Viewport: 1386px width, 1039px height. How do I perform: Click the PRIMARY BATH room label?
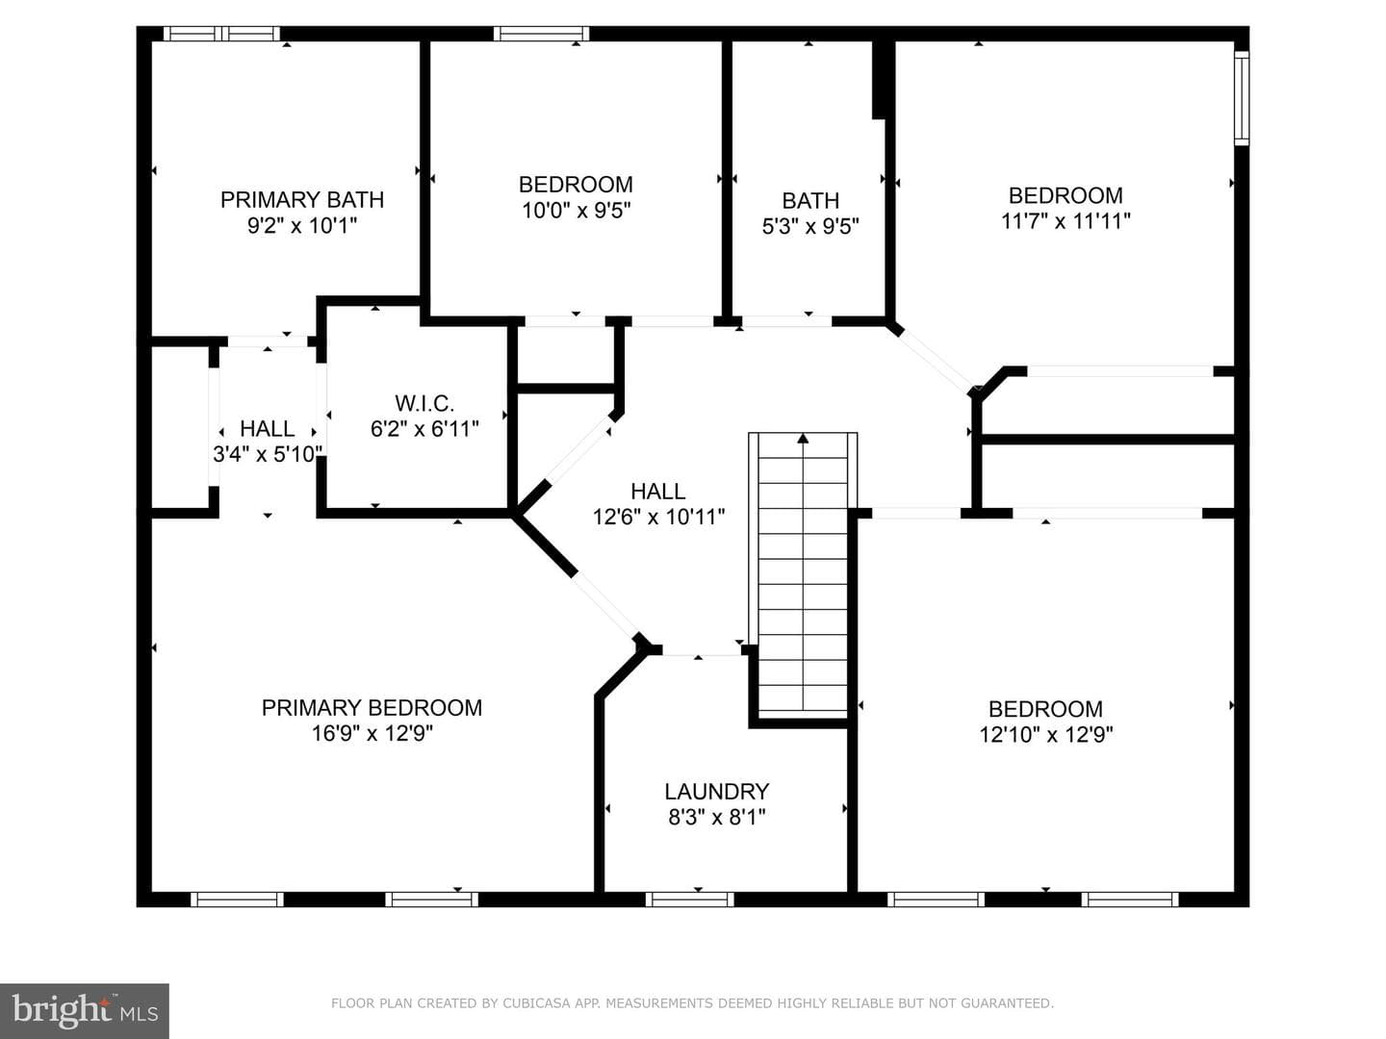302,199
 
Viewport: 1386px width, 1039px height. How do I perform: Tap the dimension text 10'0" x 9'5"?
576,210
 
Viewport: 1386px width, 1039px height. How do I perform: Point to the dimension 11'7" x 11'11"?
1065,221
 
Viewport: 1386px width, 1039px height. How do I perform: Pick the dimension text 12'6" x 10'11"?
658,518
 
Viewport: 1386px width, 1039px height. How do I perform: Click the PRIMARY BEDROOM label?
372,708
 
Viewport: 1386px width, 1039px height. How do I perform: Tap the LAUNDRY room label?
717,791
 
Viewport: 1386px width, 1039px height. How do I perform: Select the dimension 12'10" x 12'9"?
1045,735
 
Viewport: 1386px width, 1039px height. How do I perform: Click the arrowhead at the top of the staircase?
803,438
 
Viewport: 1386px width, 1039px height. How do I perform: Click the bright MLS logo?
85,1011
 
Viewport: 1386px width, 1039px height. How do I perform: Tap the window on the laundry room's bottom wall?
689,899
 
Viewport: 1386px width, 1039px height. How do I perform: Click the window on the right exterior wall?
1242,98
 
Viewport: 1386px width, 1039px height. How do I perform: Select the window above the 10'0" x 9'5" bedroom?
541,34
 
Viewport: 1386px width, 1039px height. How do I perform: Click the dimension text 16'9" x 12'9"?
372,734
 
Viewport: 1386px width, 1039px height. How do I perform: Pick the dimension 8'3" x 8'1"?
717,818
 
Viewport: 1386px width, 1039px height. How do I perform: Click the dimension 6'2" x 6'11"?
424,429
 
